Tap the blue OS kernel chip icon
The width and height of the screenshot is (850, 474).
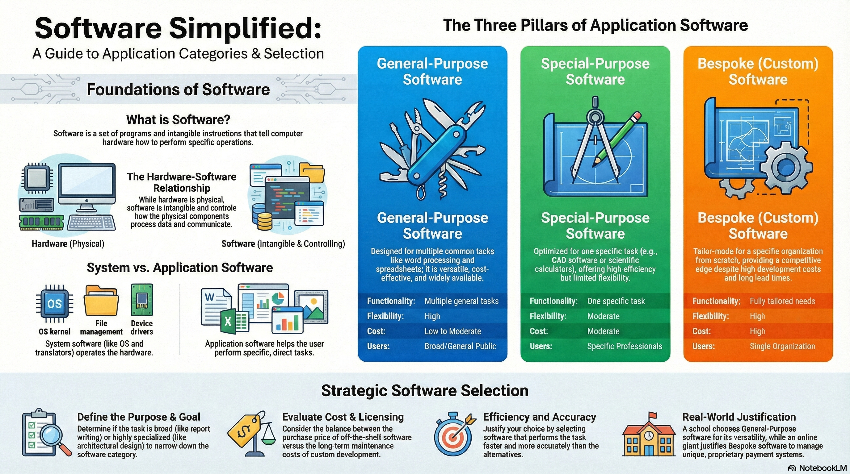pyautogui.click(x=54, y=303)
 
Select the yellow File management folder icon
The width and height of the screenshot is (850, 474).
pyautogui.click(x=101, y=301)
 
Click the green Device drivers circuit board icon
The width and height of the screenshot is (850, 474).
pyautogui.click(x=142, y=300)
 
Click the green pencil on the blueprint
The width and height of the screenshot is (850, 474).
pyautogui.click(x=617, y=139)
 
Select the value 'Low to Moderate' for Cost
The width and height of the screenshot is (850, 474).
pyautogui.click(x=452, y=331)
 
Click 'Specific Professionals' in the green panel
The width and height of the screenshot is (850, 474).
pyautogui.click(x=625, y=346)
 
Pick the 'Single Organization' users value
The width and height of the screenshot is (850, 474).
pyautogui.click(x=782, y=346)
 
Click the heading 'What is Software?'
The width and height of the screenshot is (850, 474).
pyautogui.click(x=178, y=120)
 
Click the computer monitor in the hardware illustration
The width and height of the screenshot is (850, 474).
pyautogui.click(x=87, y=185)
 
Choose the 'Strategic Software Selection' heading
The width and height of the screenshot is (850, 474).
pyautogui.click(x=425, y=391)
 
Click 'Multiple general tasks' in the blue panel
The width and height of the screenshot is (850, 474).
pyautogui.click(x=461, y=301)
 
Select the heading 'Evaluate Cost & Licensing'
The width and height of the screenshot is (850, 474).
pyautogui.click(x=343, y=417)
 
